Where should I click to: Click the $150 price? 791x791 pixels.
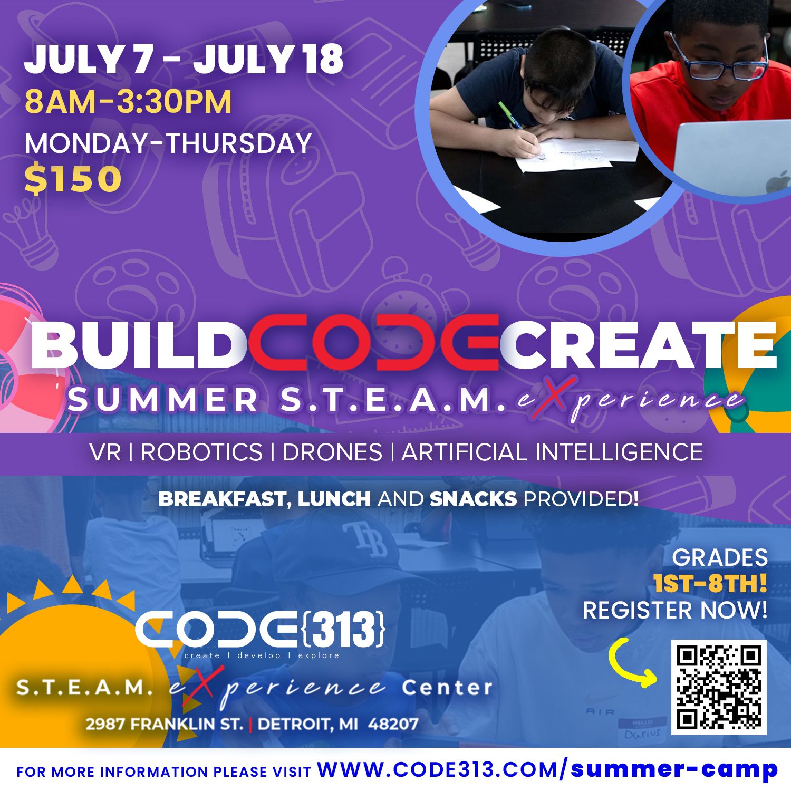tap(73, 179)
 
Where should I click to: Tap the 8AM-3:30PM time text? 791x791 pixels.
tap(128, 102)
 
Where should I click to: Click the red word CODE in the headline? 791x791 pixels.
tap(373, 343)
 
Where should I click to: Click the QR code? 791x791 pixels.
tap(719, 687)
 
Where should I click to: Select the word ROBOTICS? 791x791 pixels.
tap(201, 452)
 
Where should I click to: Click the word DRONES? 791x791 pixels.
tap(332, 452)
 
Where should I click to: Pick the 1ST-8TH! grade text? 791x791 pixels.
tap(710, 584)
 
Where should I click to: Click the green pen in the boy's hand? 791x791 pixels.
tap(509, 115)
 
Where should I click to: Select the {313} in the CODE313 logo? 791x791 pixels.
tap(344, 629)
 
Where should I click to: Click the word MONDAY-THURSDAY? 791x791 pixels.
tap(168, 143)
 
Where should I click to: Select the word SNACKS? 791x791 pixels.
tap(473, 499)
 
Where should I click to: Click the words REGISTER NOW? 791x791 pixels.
tap(675, 610)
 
